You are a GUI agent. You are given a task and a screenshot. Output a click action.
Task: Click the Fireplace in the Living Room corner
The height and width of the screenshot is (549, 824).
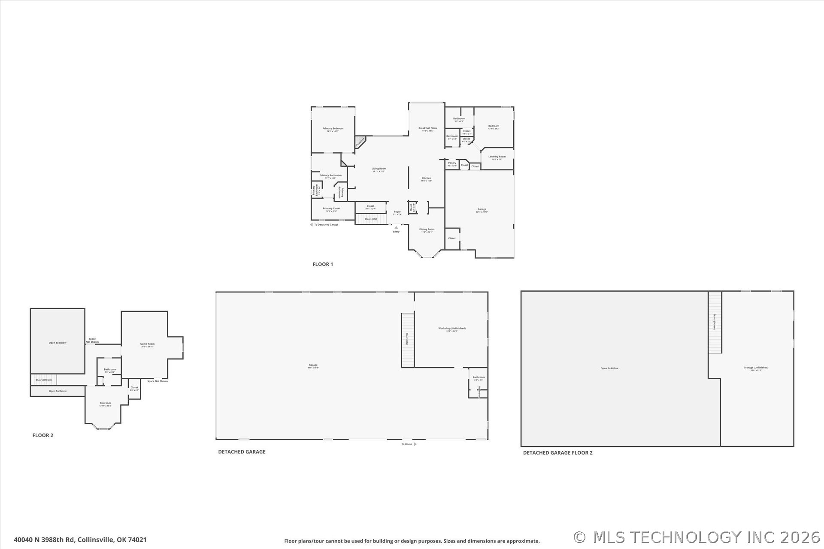(360, 142)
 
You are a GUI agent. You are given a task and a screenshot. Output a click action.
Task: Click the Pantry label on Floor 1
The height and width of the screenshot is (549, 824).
(452, 163)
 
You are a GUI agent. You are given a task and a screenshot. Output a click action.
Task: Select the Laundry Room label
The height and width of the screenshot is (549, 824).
(497, 157)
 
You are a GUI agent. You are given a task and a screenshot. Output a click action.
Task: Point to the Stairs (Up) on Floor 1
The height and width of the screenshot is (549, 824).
(370, 219)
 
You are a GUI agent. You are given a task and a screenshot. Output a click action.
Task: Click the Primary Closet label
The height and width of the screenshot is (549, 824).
(331, 208)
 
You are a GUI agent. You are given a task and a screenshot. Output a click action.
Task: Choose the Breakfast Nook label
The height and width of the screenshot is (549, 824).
(427, 128)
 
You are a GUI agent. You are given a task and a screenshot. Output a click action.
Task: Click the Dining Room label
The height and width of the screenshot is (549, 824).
(427, 229)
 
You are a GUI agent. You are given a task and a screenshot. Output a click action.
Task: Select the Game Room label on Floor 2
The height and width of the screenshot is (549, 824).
(147, 344)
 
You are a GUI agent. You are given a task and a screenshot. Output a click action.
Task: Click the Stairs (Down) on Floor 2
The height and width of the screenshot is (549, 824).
(43, 380)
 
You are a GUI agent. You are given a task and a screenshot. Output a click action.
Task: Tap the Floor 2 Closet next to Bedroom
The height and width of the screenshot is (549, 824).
(134, 388)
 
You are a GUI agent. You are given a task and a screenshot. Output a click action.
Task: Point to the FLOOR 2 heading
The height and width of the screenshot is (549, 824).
(43, 435)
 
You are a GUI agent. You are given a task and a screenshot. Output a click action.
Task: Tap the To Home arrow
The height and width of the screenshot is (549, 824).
(415, 444)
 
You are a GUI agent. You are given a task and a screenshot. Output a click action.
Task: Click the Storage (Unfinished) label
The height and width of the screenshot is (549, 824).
(756, 368)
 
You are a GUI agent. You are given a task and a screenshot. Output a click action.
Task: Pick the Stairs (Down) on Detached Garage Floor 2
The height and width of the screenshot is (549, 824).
(715, 322)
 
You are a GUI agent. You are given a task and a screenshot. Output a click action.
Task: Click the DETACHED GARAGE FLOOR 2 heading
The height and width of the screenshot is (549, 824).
(557, 453)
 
